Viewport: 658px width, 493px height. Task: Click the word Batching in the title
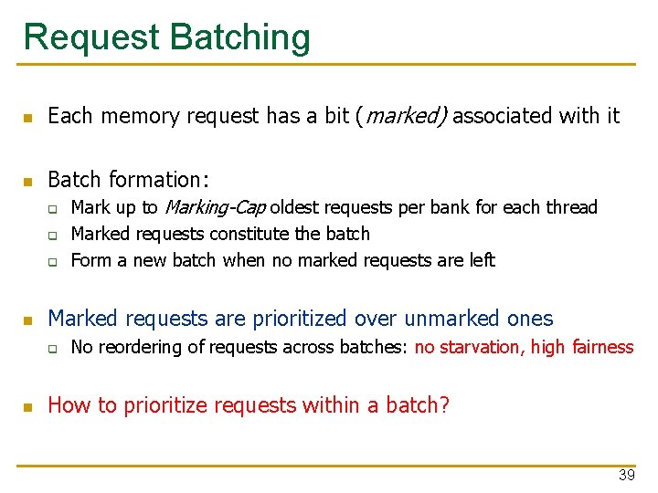click(x=241, y=37)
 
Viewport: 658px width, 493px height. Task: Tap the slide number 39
click(x=626, y=475)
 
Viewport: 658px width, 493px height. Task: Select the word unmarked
click(x=447, y=319)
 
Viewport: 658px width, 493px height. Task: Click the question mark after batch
click(x=445, y=404)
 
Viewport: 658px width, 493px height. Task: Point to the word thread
click(x=572, y=207)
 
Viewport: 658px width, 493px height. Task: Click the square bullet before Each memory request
click(x=29, y=118)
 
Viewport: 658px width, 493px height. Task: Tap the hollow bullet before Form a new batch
click(x=54, y=261)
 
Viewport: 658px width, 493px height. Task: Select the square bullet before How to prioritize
click(x=29, y=406)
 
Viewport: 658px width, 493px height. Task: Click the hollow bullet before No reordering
click(x=54, y=348)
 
